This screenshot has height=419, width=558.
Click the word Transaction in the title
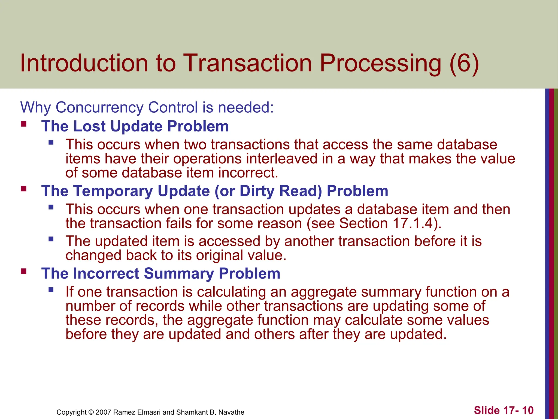[247, 63]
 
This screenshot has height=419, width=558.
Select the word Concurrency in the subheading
[99, 107]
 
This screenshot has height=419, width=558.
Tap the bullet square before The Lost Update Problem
[24, 124]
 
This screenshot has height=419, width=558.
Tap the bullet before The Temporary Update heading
[24, 188]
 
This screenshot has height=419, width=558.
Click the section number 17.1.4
[413, 223]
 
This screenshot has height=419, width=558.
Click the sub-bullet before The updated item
[51, 239]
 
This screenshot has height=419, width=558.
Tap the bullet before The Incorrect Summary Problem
[24, 271]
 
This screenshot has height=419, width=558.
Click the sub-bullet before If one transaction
[51, 290]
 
